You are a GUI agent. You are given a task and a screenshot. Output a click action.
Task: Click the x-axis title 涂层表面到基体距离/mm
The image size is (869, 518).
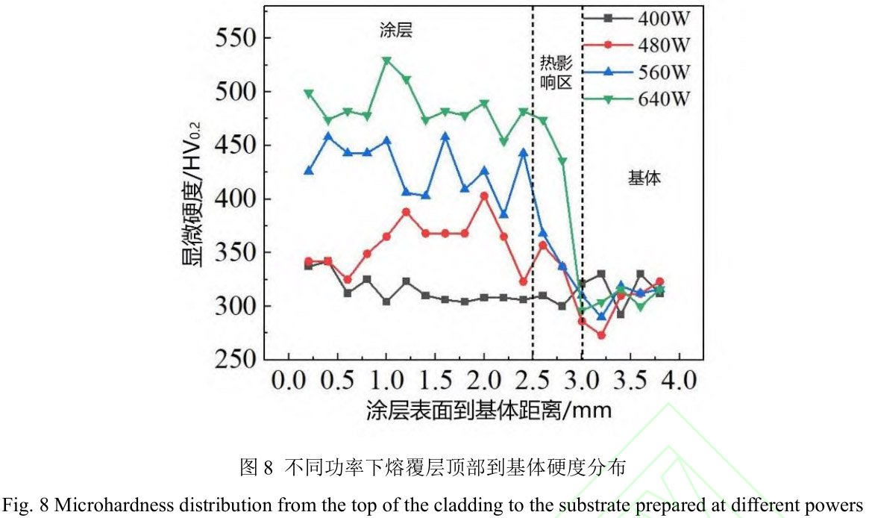click(x=489, y=411)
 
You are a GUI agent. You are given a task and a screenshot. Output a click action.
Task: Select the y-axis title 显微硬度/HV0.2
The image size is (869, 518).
click(x=192, y=200)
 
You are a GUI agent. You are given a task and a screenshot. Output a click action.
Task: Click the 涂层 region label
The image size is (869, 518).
click(x=395, y=31)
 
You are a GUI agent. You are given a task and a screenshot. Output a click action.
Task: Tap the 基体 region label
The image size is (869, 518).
click(x=644, y=178)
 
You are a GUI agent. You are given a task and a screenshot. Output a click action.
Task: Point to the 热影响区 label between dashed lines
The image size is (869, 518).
click(x=556, y=72)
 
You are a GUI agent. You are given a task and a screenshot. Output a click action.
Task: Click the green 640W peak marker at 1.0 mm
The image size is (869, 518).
click(x=386, y=60)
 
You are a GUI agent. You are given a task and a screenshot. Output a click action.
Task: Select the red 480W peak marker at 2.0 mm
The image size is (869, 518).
click(x=484, y=196)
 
